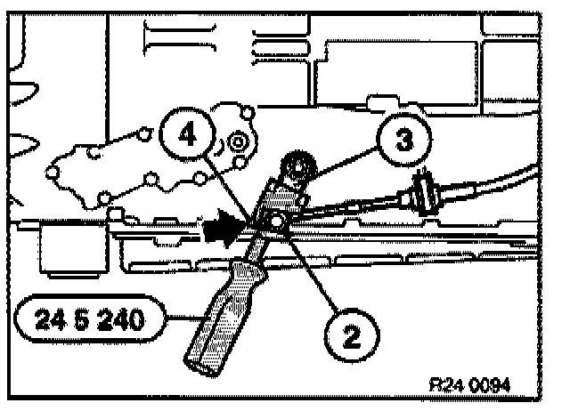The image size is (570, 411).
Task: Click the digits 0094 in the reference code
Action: (492, 383)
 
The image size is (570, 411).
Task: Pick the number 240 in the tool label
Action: (119, 318)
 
